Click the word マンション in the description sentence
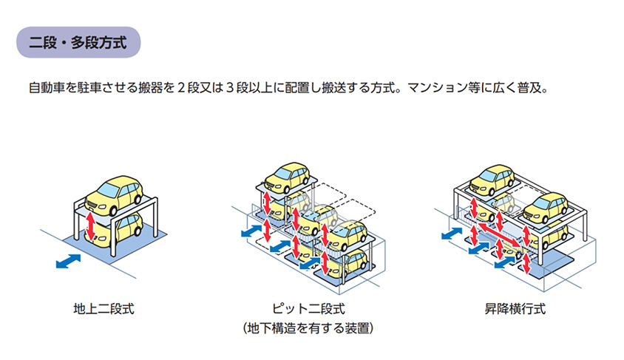(x=438, y=88)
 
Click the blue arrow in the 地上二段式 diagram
(x=68, y=262)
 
